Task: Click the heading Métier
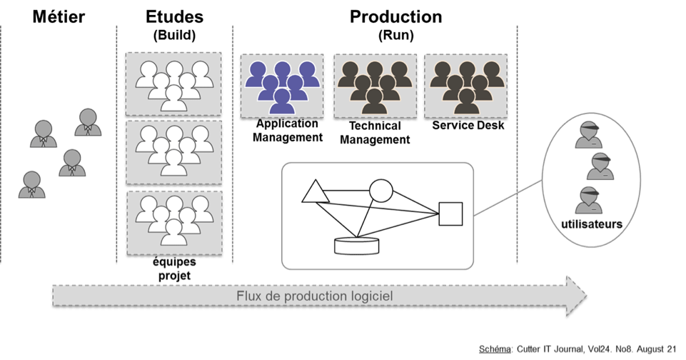(x=59, y=16)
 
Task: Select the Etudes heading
(x=174, y=16)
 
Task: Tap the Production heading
(x=395, y=16)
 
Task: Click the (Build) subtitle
(x=174, y=34)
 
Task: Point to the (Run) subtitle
(x=395, y=34)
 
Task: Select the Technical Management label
(x=374, y=133)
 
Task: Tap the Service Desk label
(x=468, y=126)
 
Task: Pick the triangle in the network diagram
(x=314, y=192)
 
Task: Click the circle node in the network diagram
(x=380, y=191)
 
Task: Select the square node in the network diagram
(x=450, y=214)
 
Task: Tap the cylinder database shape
(x=357, y=245)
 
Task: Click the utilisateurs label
(x=591, y=224)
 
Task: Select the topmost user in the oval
(x=590, y=134)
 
